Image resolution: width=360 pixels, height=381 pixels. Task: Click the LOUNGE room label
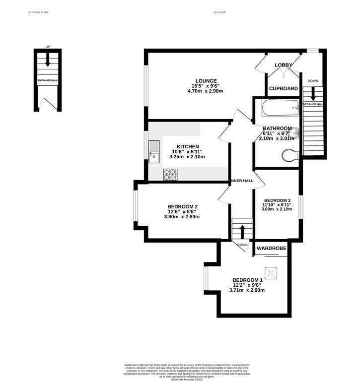[206, 81]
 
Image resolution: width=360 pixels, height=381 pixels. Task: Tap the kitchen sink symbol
[153, 151]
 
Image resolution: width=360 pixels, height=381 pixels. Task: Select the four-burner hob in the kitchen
[171, 174]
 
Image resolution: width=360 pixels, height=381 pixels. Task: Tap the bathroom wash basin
[295, 132]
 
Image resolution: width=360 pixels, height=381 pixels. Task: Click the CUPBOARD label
[283, 89]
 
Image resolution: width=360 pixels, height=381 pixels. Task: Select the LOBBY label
[284, 65]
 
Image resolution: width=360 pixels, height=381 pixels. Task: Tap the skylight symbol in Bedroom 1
[271, 272]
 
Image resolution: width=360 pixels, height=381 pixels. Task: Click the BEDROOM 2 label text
[183, 206]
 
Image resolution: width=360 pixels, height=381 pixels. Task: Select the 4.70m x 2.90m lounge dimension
[206, 91]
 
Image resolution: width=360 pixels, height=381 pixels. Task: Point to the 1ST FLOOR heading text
[219, 11]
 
